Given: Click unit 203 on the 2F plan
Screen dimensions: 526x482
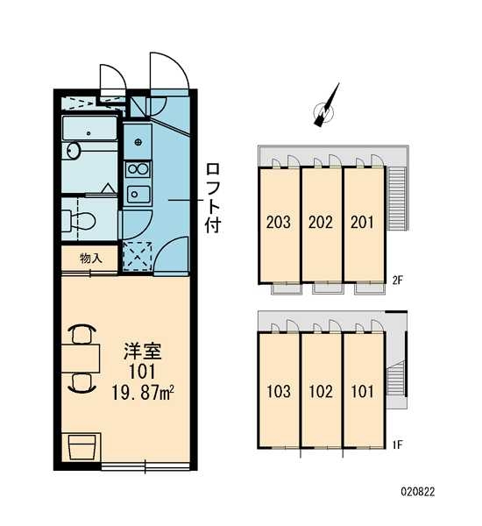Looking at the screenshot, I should pyautogui.click(x=279, y=222).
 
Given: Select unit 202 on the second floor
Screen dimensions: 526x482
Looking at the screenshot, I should pyautogui.click(x=321, y=222).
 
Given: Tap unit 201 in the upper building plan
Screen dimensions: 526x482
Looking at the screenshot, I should pyautogui.click(x=363, y=222).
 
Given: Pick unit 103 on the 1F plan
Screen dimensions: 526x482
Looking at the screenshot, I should pyautogui.click(x=279, y=391).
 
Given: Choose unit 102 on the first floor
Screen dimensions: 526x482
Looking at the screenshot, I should pyautogui.click(x=321, y=391).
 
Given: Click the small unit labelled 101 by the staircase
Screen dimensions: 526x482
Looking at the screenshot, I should pyautogui.click(x=363, y=391).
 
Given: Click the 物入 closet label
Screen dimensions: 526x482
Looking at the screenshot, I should pyautogui.click(x=90, y=259).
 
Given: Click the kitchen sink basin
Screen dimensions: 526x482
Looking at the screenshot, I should pyautogui.click(x=137, y=193).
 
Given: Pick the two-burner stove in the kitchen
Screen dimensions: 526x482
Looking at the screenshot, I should pyautogui.click(x=137, y=167).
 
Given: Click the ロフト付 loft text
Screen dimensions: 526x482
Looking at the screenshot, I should pyautogui.click(x=213, y=195).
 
